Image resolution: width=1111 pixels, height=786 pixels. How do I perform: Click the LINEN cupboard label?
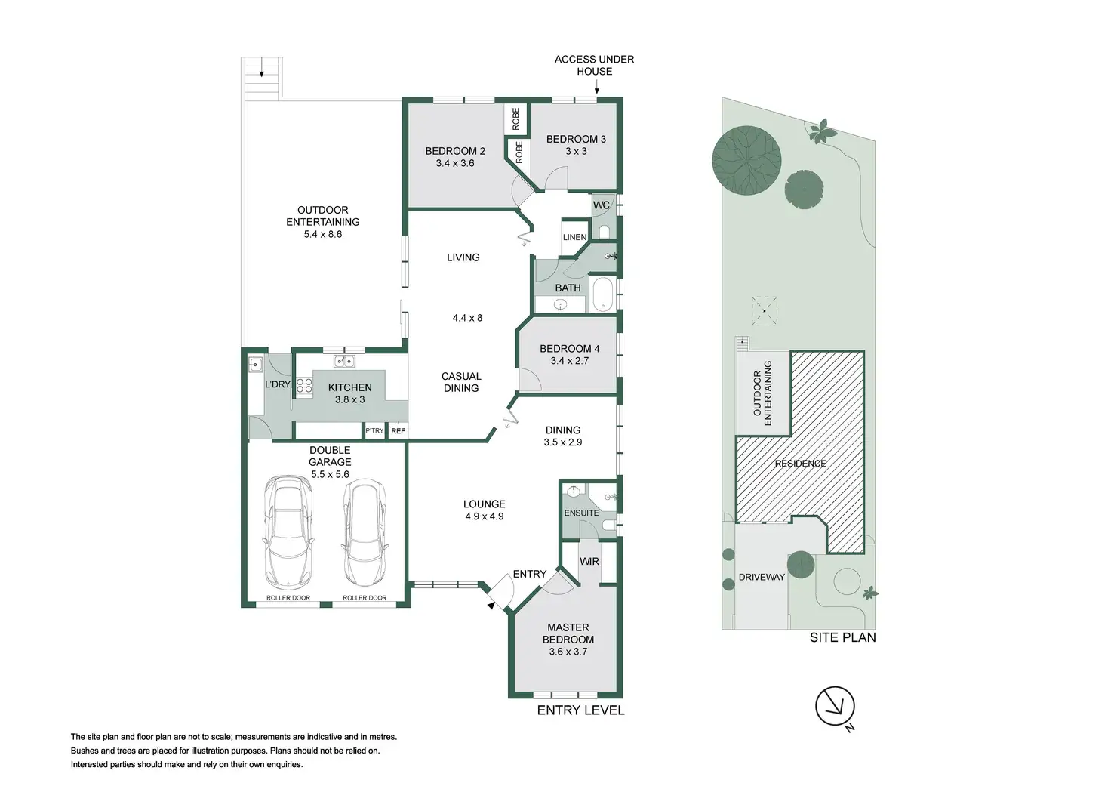(x=575, y=237)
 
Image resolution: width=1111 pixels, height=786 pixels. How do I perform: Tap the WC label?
(x=601, y=205)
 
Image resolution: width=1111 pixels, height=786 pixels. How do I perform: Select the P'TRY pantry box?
(x=374, y=430)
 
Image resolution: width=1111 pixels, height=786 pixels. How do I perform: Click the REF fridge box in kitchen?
(x=399, y=431)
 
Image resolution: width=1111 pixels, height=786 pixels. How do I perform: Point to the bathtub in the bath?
(x=602, y=294)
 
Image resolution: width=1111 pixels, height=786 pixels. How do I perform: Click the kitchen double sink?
(x=344, y=361)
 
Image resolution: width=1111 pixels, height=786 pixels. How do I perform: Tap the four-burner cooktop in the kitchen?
(x=304, y=387)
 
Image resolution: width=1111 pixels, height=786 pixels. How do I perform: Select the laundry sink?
(x=255, y=365)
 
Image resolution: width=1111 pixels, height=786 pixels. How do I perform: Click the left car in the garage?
(x=288, y=532)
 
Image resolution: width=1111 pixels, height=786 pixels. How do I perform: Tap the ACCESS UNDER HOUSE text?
(x=594, y=66)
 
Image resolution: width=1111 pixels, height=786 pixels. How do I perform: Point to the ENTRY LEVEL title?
(x=580, y=710)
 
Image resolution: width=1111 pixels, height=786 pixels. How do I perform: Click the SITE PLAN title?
(x=842, y=637)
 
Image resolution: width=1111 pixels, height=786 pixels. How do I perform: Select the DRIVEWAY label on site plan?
(x=762, y=577)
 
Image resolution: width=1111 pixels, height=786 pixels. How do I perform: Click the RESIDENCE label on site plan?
(x=801, y=464)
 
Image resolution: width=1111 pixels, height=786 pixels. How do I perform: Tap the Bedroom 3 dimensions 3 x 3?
(x=577, y=151)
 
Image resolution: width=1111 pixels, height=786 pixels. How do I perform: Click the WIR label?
(x=589, y=562)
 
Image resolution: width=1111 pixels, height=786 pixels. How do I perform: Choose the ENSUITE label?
(x=581, y=513)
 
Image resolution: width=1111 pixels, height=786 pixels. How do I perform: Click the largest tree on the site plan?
(x=746, y=160)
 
